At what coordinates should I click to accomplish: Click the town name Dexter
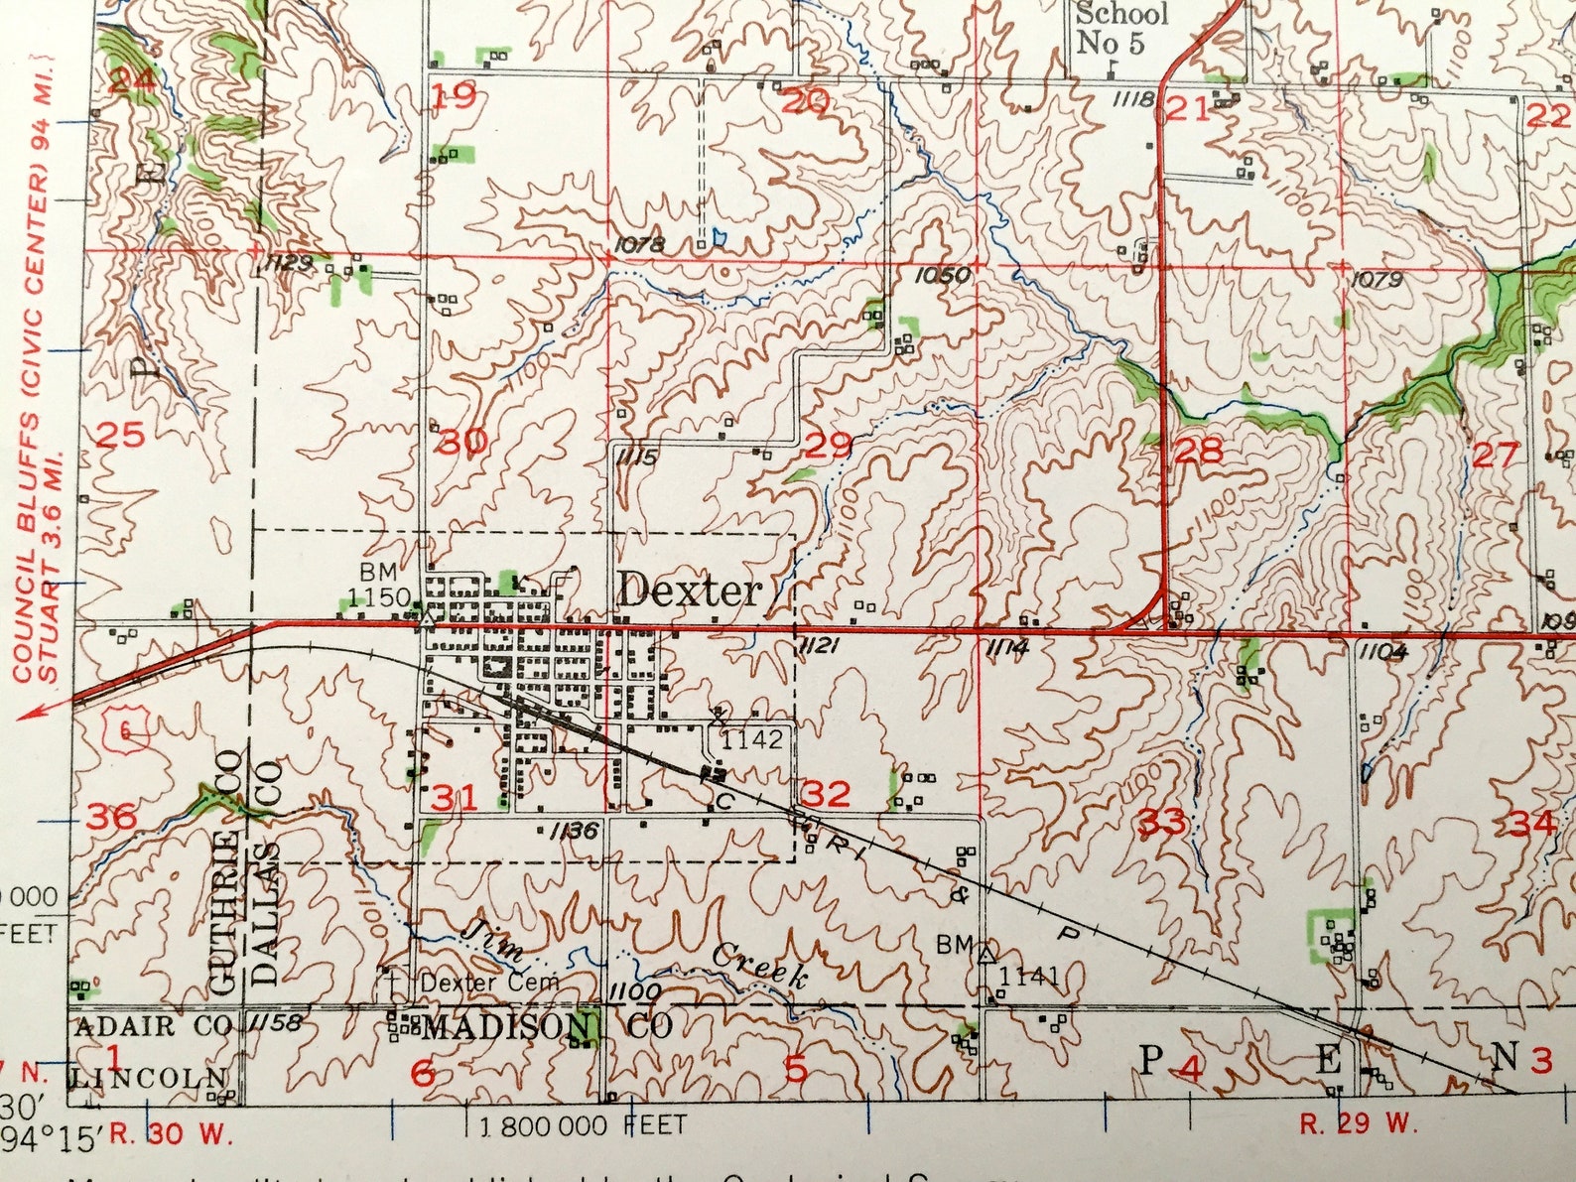(690, 591)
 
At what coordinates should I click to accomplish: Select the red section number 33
(1161, 822)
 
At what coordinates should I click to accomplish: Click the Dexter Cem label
(489, 983)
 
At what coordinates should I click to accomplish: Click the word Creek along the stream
(759, 963)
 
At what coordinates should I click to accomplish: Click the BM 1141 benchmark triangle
(985, 955)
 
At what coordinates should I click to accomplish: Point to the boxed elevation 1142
(751, 739)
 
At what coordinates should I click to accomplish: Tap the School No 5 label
(1121, 28)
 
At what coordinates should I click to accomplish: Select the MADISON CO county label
(547, 1027)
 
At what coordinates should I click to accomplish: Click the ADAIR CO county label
(152, 1025)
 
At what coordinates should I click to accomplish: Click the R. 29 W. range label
(1358, 1123)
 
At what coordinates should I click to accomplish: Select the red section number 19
(455, 97)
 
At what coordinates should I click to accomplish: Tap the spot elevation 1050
(941, 275)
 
